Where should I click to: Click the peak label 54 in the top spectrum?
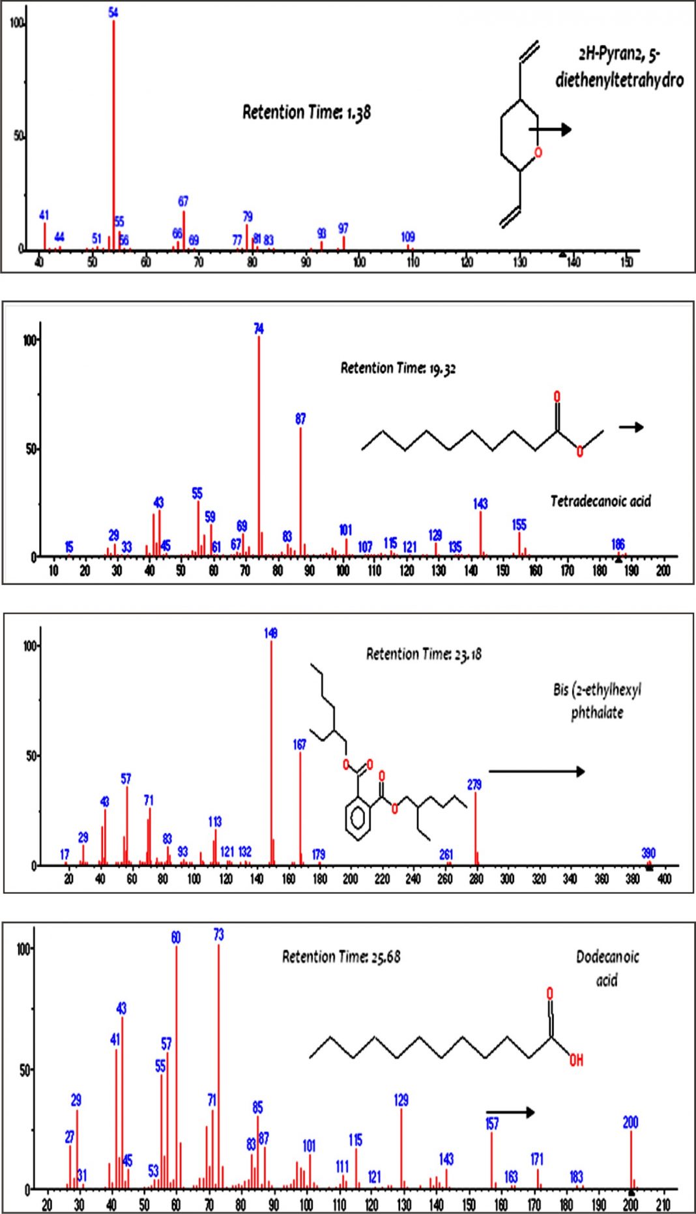pyautogui.click(x=113, y=12)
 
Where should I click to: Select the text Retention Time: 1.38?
pyautogui.click(x=306, y=112)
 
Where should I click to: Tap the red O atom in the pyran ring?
pyautogui.click(x=538, y=153)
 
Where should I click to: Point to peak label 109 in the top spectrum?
pyautogui.click(x=408, y=237)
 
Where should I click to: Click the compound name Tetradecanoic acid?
pyautogui.click(x=600, y=501)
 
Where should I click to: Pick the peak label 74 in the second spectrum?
pyautogui.click(x=259, y=329)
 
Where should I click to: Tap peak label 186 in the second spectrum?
pyautogui.click(x=618, y=544)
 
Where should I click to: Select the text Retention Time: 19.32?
pyautogui.click(x=398, y=368)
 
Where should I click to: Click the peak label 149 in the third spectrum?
pyautogui.click(x=271, y=633)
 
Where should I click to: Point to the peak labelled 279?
pyautogui.click(x=476, y=825)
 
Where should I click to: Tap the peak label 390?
pyautogui.click(x=648, y=853)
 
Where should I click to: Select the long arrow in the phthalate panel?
pyautogui.click(x=536, y=771)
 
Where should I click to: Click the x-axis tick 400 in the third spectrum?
pyautogui.click(x=664, y=879)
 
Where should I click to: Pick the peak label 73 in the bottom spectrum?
pyautogui.click(x=218, y=935)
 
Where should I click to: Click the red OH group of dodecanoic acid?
pyautogui.click(x=576, y=1060)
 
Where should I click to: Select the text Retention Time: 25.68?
pyautogui.click(x=341, y=957)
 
